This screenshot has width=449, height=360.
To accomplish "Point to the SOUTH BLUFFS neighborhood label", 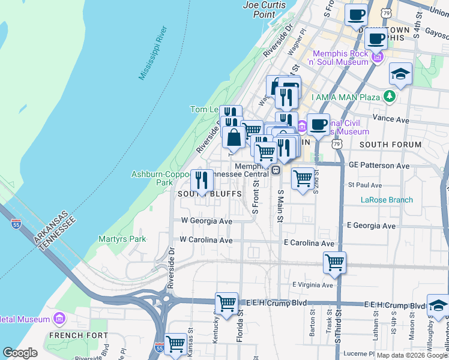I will click(209, 194).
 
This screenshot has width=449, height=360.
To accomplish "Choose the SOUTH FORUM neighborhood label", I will click(382, 145).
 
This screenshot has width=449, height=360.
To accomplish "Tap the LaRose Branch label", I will click(387, 200).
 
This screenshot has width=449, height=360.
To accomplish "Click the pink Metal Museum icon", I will click(59, 317).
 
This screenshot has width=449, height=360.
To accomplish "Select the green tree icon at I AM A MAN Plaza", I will click(390, 96).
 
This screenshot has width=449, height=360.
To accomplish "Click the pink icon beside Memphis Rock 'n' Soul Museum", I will click(377, 58).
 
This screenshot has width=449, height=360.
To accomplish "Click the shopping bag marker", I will click(234, 136).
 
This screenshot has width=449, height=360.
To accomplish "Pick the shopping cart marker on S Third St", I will click(334, 262).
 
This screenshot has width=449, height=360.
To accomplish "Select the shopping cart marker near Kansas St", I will click(175, 344).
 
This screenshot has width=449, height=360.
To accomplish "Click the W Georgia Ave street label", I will click(206, 221).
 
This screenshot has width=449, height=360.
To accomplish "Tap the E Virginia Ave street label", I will click(312, 284).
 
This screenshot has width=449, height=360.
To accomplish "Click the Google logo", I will click(20, 353).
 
